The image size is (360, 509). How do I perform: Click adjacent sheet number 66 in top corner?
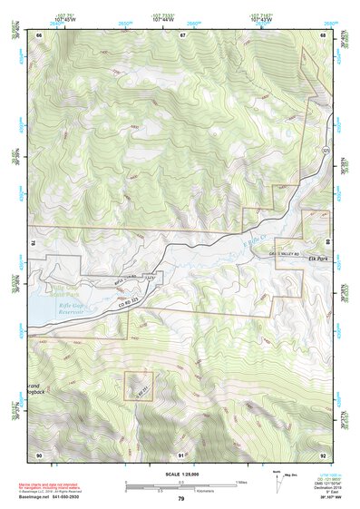(x=39, y=35)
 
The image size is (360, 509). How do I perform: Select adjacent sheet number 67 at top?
(x=182, y=35)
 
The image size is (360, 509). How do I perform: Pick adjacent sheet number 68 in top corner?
(x=324, y=35)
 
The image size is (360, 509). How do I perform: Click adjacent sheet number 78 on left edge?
(x=33, y=242)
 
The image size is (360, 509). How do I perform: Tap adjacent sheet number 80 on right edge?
(x=328, y=242)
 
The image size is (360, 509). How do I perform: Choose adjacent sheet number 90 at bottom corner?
(x=39, y=454)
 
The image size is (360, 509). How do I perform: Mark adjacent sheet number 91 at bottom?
(x=182, y=454)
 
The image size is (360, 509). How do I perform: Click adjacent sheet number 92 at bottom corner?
(x=324, y=454)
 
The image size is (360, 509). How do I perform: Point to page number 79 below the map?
(x=181, y=499)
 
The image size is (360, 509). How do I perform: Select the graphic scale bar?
(x=181, y=484)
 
